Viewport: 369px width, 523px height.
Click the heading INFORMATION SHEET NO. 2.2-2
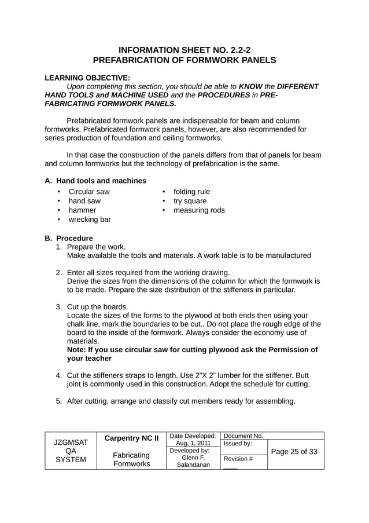[184, 50]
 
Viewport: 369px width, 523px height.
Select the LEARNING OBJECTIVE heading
[87, 77]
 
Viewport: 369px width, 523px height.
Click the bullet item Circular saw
[89, 192]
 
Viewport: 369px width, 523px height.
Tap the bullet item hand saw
[84, 201]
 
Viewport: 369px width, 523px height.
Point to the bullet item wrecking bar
[90, 220]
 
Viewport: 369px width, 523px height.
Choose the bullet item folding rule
[191, 192]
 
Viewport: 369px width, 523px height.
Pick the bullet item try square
[190, 201]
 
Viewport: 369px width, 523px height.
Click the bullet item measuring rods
[199, 210]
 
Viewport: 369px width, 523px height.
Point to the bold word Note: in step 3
[78, 349]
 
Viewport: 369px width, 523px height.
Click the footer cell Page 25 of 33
[296, 452]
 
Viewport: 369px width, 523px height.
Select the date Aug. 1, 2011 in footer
[193, 443]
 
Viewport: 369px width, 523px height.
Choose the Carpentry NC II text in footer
[131, 438]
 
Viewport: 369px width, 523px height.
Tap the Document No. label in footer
[243, 436]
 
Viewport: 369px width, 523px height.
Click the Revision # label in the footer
[238, 459]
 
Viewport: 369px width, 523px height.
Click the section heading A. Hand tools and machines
[95, 181]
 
